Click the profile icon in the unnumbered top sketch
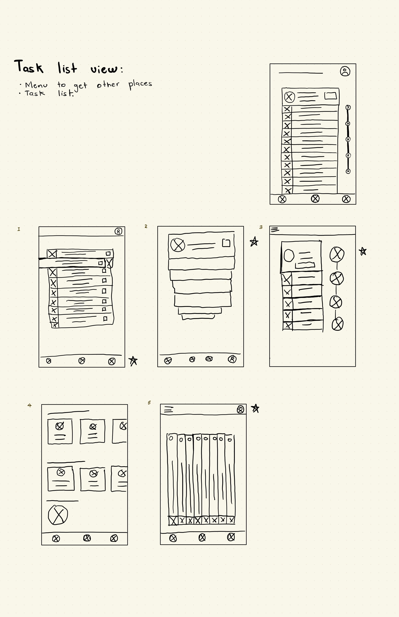coord(345,71)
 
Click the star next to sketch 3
coord(363,251)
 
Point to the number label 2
coord(146,226)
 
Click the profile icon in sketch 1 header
coord(118,231)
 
